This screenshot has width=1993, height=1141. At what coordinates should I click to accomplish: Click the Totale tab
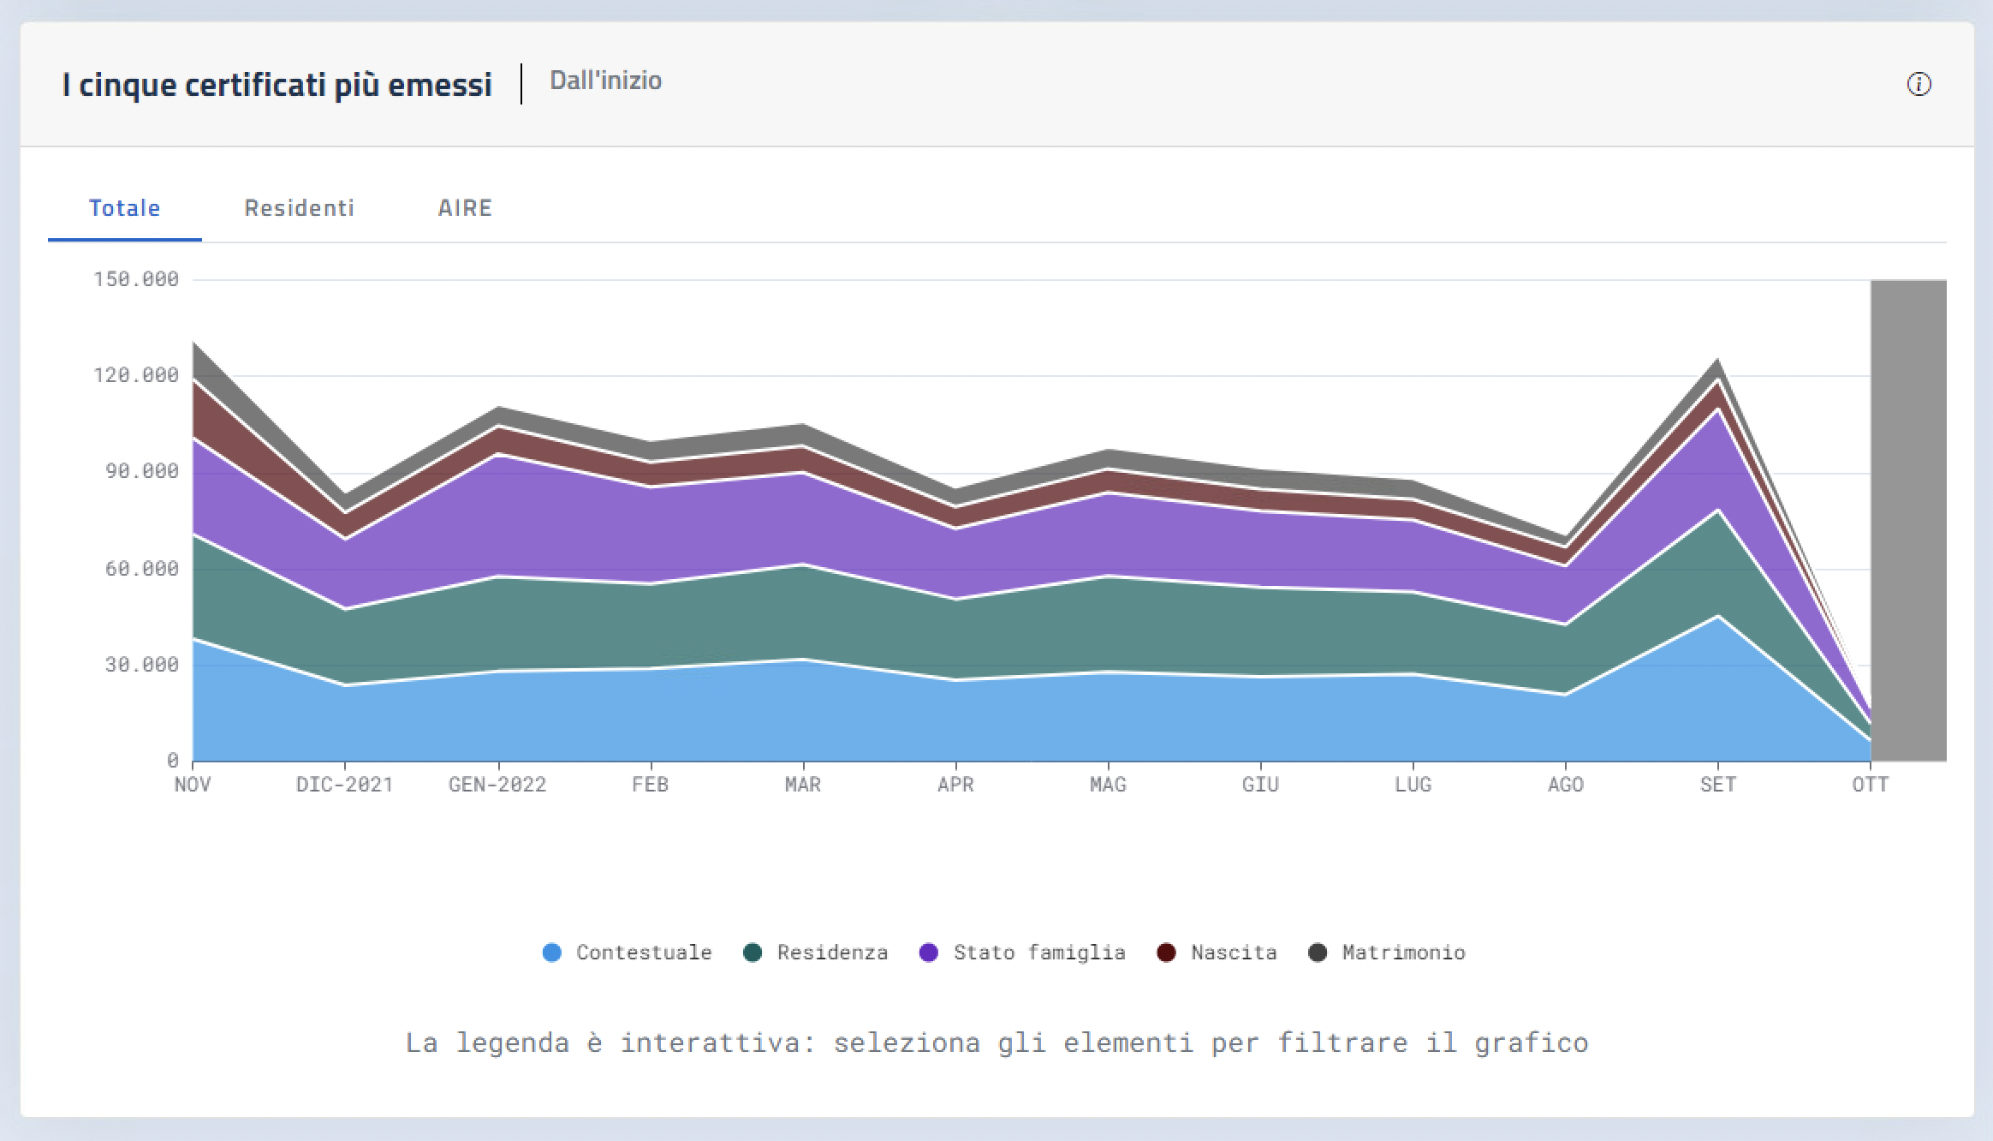[125, 208]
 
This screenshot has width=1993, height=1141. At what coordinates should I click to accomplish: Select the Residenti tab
[299, 208]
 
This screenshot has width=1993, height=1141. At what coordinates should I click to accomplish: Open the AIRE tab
[465, 208]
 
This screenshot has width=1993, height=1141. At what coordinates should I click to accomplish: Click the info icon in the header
[1919, 85]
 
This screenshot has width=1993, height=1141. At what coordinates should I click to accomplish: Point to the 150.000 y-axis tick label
[136, 279]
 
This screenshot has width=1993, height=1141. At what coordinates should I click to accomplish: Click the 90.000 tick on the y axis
[142, 471]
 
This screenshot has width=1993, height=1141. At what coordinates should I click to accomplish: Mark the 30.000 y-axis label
[142, 665]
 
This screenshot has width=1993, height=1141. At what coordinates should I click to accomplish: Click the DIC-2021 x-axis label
[344, 785]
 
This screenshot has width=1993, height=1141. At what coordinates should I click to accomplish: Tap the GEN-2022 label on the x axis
[497, 785]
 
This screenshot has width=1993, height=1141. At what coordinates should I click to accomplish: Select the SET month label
[1717, 785]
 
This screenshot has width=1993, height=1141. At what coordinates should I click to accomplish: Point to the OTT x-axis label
[1870, 785]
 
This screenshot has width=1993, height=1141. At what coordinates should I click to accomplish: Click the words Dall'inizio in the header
[605, 81]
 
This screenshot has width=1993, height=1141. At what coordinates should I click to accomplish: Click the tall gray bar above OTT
[1908, 514]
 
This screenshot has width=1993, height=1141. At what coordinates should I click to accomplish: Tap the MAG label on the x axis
[1108, 785]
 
